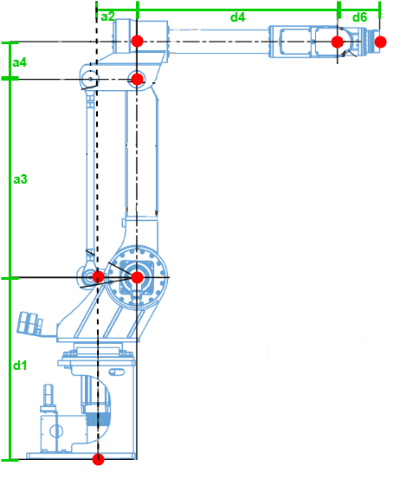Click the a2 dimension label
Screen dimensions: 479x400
click(x=106, y=16)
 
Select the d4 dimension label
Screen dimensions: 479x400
click(x=237, y=16)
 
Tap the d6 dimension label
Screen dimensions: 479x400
click(x=359, y=16)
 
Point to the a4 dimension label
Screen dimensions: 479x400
click(x=19, y=63)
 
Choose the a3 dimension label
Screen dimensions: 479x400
click(x=20, y=179)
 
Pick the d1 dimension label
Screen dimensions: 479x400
click(x=19, y=366)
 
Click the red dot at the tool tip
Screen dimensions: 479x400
click(x=380, y=42)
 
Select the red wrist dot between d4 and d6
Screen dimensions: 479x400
click(x=338, y=42)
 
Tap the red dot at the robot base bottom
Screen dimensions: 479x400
click(x=98, y=459)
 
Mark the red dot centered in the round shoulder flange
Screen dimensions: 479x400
click(x=136, y=277)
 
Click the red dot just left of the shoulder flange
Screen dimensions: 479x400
click(x=98, y=277)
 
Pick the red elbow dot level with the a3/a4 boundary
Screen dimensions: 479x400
click(x=136, y=79)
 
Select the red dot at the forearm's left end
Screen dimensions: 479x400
click(x=137, y=42)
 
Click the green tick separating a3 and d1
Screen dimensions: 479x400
click(x=10, y=278)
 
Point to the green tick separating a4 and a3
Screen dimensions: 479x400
click(x=10, y=79)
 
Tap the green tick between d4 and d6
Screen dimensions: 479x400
click(x=338, y=10)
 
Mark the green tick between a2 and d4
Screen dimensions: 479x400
click(x=138, y=10)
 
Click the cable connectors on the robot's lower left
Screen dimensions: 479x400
click(x=31, y=324)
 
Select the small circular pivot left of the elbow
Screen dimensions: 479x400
click(x=89, y=80)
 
